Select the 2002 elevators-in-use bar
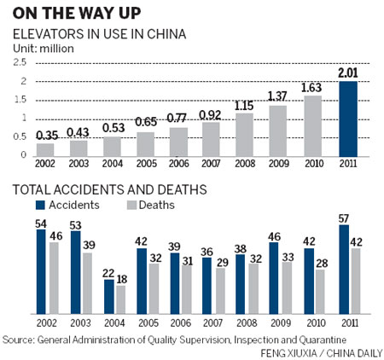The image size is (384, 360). pyautogui.click(x=45, y=149)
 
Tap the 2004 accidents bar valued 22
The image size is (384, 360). pyautogui.click(x=108, y=296)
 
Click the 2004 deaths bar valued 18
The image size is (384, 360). pyautogui.click(x=122, y=299)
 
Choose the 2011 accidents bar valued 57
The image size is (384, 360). pyautogui.click(x=345, y=274)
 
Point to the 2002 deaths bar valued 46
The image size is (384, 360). pyautogui.click(x=54, y=278)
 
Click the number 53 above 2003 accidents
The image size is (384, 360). pyautogui.click(x=75, y=224)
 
